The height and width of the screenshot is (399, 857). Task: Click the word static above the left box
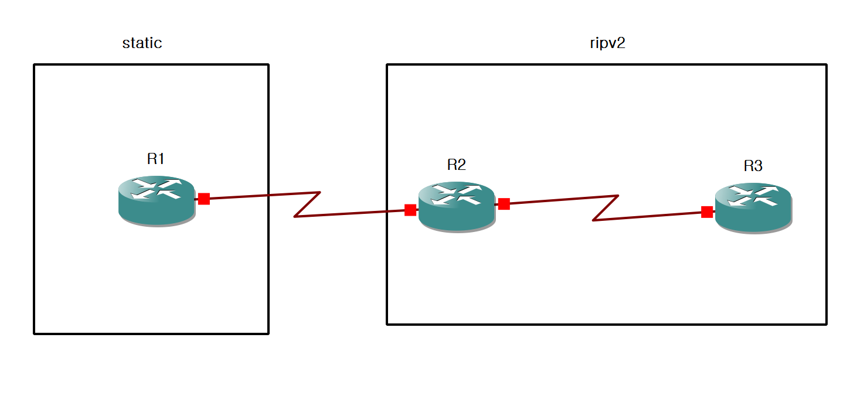tap(142, 43)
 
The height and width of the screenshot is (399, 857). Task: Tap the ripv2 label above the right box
tap(607, 43)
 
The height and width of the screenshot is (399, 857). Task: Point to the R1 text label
tap(156, 159)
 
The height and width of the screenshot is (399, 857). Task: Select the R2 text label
tap(456, 165)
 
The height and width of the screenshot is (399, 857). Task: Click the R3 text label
tap(753, 166)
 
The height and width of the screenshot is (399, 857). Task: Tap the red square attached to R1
tap(203, 199)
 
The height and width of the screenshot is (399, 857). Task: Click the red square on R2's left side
tap(410, 210)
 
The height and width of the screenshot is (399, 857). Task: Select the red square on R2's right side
tap(504, 204)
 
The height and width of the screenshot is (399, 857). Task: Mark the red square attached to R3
tap(707, 212)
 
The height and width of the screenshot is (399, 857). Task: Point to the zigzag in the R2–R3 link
tap(606, 208)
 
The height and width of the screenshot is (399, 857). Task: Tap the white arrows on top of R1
tap(156, 189)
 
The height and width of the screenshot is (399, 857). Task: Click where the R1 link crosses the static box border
tap(268, 195)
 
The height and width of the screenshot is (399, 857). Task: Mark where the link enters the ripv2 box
tap(387, 212)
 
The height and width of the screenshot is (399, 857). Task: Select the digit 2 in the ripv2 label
tap(621, 43)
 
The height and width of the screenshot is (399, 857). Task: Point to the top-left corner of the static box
tap(35, 64)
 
